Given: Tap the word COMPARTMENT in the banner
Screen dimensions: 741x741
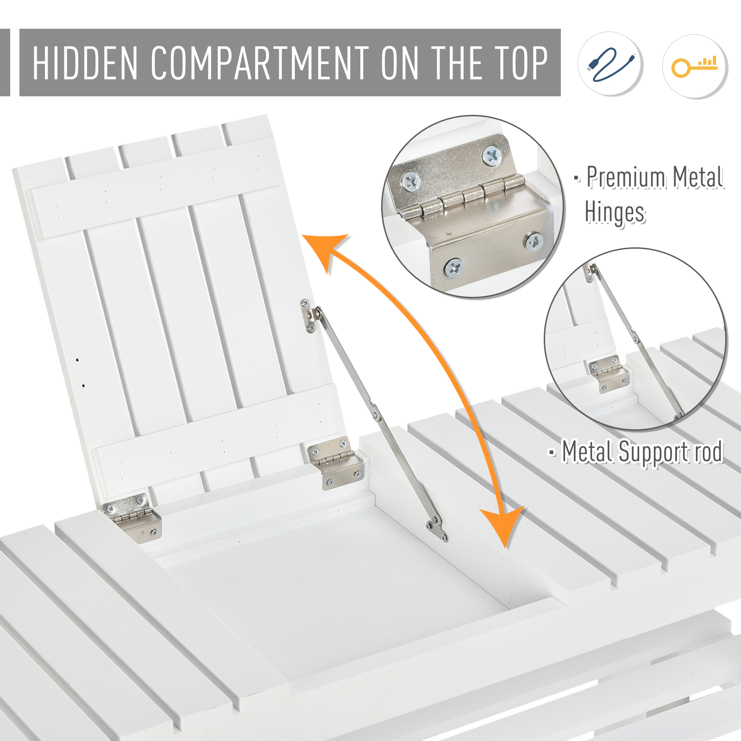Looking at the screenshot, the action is pos(260,63).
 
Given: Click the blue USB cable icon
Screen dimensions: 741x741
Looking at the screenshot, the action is pos(611,64).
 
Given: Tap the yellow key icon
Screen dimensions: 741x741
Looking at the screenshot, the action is pos(695,66).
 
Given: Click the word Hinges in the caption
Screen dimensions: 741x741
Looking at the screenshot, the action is pos(615,213).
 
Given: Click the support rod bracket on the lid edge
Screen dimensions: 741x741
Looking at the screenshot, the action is pos(310,316).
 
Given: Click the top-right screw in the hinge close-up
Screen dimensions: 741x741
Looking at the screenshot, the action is pos(491,156).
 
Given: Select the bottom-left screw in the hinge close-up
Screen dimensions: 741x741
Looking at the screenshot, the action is pos(453,268).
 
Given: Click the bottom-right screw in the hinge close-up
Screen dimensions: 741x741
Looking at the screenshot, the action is pos(534,241).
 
